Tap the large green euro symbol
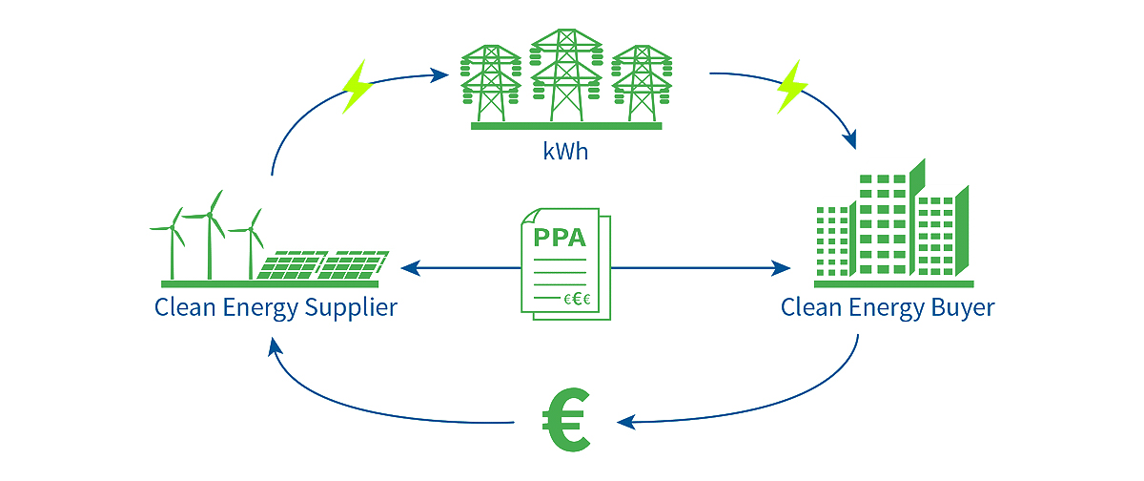(x=566, y=420)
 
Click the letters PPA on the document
(x=560, y=237)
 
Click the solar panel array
(x=324, y=265)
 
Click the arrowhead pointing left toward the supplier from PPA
(x=411, y=268)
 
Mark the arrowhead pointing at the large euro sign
(x=624, y=421)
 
